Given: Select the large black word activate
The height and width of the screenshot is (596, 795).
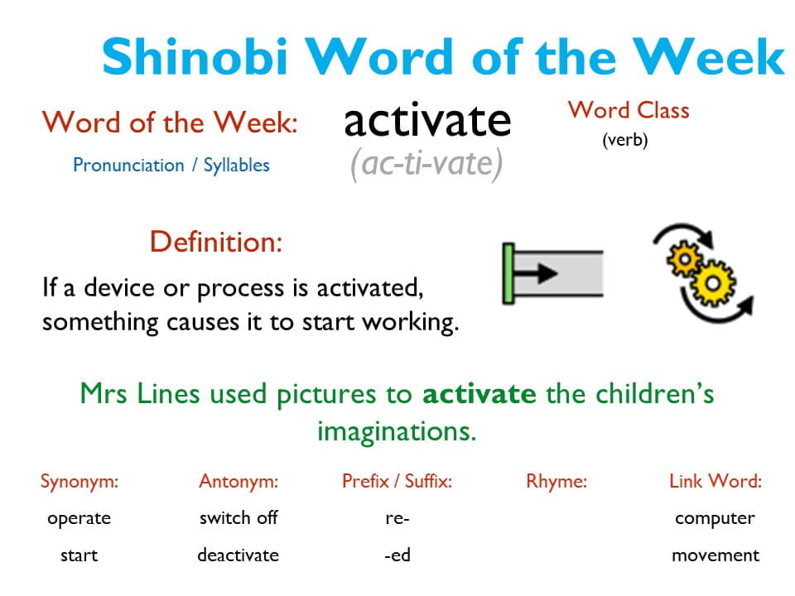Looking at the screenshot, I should [427, 121].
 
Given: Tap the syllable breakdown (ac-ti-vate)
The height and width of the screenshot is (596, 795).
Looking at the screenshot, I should [426, 164].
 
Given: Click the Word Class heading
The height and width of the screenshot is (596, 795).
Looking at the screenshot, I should [629, 110].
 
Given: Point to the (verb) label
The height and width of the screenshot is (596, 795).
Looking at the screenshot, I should [624, 140].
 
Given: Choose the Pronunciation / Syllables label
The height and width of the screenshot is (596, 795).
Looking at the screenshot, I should [171, 165].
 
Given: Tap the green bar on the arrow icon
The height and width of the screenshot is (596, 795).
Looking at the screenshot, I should [508, 273].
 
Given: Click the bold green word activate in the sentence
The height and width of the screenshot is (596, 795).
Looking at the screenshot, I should [479, 393].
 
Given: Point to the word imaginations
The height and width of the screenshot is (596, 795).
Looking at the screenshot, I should [397, 431].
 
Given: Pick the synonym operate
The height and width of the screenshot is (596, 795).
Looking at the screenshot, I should [79, 518].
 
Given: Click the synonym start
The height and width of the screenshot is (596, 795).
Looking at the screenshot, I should [79, 555].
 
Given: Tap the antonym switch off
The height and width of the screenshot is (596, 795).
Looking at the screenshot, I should [238, 518].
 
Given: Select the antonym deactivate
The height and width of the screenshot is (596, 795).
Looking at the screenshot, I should [238, 555].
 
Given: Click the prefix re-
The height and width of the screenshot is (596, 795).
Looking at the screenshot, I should [397, 518].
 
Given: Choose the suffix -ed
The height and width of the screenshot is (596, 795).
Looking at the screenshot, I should [397, 555].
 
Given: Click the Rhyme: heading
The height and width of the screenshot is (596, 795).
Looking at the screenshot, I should [556, 482].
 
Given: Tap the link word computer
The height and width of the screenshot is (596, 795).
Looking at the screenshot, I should [715, 518].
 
